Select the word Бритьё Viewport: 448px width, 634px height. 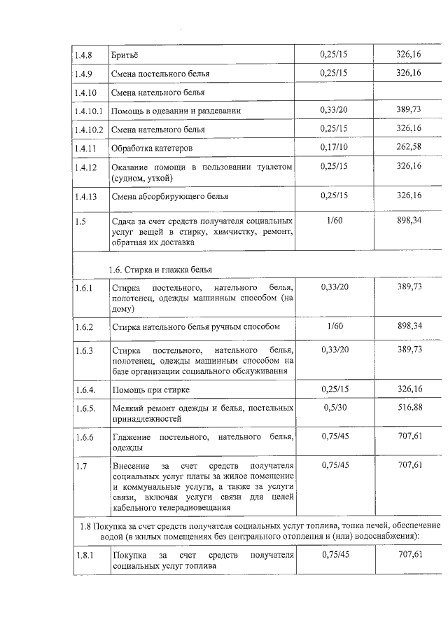(125, 54)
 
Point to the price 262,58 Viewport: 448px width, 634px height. (408, 148)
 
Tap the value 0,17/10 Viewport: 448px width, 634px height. (332, 148)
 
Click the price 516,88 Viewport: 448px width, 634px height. (408, 408)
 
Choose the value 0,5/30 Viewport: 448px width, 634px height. (332, 408)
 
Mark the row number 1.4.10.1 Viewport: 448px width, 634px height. (89, 111)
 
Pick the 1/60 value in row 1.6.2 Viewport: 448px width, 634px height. (333, 326)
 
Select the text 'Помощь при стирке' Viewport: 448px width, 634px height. (150, 390)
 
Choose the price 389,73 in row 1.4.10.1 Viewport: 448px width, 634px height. (408, 110)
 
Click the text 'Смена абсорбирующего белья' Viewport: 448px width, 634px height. (169, 196)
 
